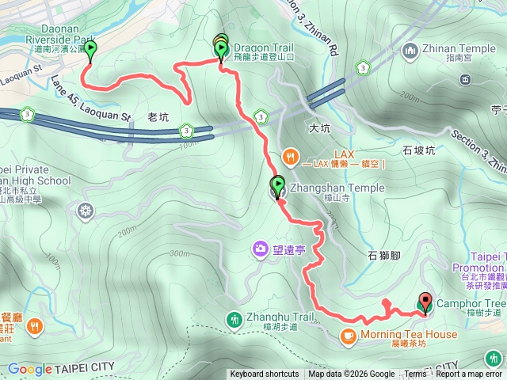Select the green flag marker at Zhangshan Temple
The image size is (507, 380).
tap(278, 187)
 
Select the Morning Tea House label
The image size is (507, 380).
tap(408, 335)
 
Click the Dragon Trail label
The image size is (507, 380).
tap(265, 47)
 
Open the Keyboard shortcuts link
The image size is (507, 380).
tap(265, 374)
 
